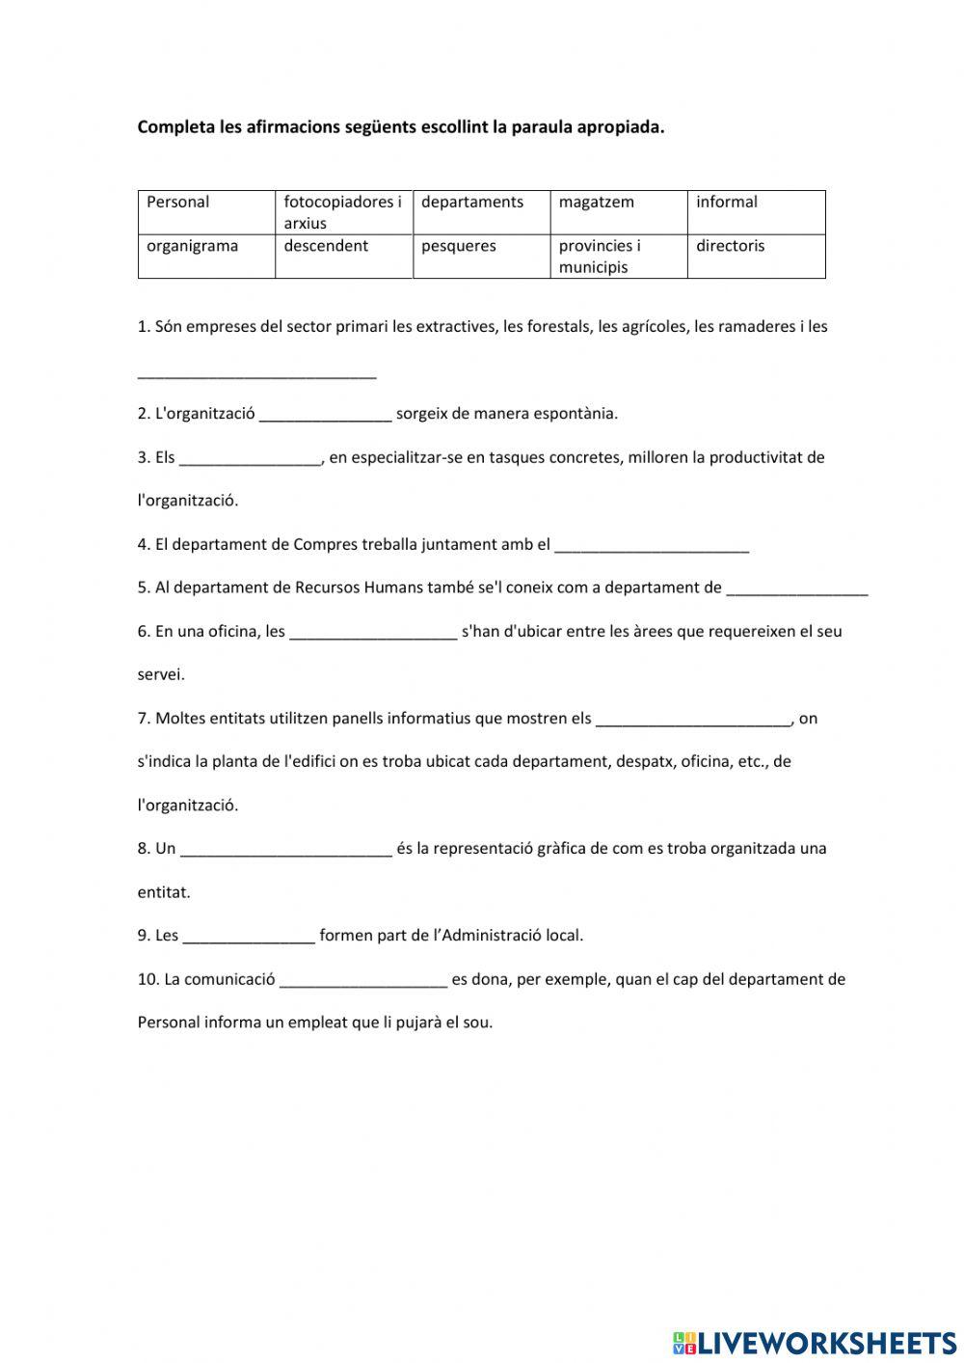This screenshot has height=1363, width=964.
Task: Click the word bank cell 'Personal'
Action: [206, 212]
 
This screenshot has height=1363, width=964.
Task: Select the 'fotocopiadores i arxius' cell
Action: [343, 212]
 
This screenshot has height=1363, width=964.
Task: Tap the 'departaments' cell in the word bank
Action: [481, 212]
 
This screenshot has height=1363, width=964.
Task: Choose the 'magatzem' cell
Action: [618, 212]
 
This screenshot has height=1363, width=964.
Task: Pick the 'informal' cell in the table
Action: [756, 212]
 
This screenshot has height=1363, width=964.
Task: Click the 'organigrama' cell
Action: [206, 257]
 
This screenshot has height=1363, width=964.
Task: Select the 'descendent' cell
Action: [343, 257]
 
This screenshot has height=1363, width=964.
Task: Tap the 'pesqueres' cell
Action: [481, 257]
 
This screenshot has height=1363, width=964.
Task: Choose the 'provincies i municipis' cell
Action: [618, 257]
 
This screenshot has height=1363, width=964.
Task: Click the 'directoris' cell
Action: [756, 257]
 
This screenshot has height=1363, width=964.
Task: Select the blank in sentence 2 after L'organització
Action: [326, 415]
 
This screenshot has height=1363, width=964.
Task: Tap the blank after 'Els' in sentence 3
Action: [251, 458]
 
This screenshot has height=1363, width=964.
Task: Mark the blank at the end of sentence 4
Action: [653, 545]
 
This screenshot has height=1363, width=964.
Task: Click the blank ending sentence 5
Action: [797, 588]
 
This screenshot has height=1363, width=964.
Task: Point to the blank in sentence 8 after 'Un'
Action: [286, 850]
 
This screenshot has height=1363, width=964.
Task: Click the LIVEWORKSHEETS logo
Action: [815, 1342]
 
